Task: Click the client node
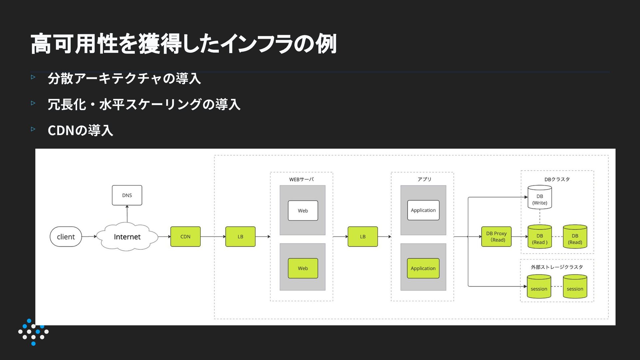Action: pos(66,237)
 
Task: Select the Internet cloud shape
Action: pos(127,237)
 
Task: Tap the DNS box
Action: pos(127,195)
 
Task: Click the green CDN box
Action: pos(185,237)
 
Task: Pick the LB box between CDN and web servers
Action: pos(240,237)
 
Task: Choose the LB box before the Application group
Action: pos(363,237)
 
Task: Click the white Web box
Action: pos(303,211)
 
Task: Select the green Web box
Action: pos(303,268)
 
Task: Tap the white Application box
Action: pos(423,210)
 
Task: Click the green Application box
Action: pos(423,268)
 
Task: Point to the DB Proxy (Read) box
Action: pos(496,237)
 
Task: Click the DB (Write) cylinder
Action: pos(540,197)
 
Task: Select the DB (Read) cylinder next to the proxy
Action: pos(540,237)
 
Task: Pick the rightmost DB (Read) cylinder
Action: pos(575,237)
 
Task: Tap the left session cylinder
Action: pos(539,287)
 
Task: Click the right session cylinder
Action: pos(575,287)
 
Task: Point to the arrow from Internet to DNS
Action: pos(127,214)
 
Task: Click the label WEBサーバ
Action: pos(301,179)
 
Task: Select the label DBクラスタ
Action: pos(557,179)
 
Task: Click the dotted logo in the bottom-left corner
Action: pos(33,332)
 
